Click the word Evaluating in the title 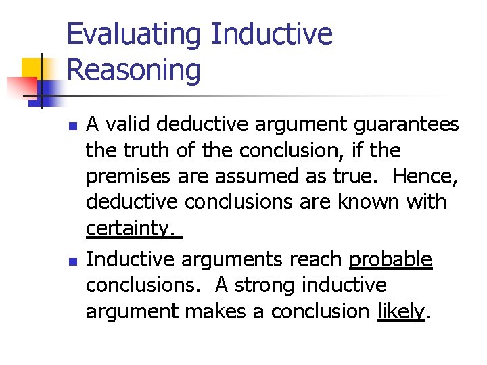click(x=134, y=34)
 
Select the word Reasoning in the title click(x=134, y=70)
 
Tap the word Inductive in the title click(x=272, y=34)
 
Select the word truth click(x=156, y=150)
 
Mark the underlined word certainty click(x=130, y=229)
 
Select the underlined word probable click(x=390, y=260)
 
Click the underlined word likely click(x=400, y=312)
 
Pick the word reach click(x=314, y=260)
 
